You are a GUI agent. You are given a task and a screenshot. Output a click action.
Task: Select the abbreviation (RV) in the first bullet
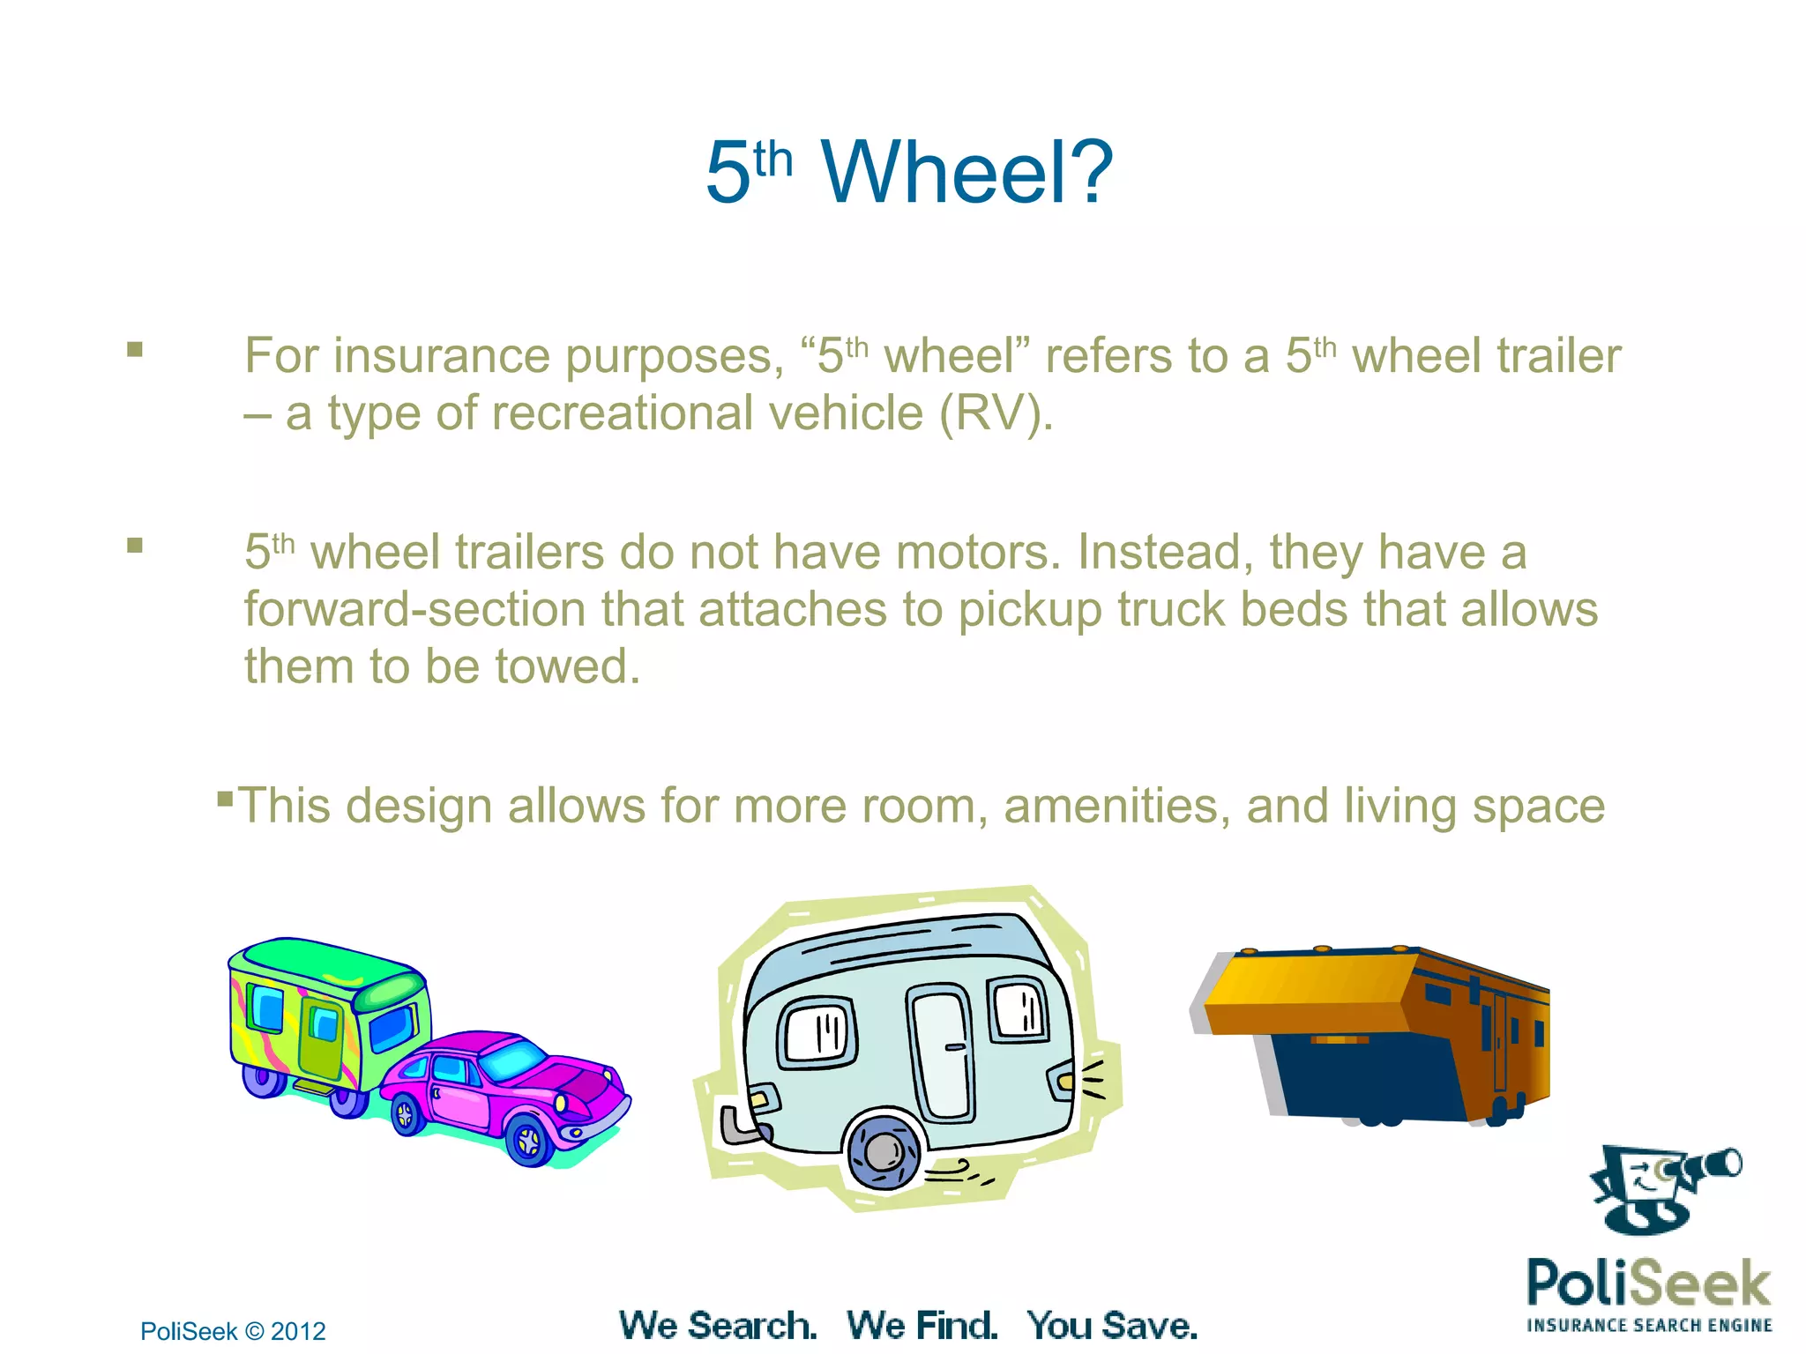click(x=996, y=413)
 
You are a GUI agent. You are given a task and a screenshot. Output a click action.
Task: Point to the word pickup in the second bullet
click(x=1029, y=610)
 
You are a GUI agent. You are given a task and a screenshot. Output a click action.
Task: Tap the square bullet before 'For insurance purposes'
click(x=135, y=350)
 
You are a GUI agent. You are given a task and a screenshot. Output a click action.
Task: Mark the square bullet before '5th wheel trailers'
click(x=135, y=546)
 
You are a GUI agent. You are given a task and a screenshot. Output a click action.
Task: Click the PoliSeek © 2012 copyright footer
click(x=233, y=1331)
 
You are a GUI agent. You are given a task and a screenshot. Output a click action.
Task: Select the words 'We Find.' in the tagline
click(x=922, y=1326)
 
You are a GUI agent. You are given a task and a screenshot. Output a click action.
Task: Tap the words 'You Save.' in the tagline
click(x=1112, y=1326)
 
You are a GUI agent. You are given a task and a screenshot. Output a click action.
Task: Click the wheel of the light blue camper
click(x=883, y=1150)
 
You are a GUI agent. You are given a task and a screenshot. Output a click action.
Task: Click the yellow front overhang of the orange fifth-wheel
click(x=1305, y=992)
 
